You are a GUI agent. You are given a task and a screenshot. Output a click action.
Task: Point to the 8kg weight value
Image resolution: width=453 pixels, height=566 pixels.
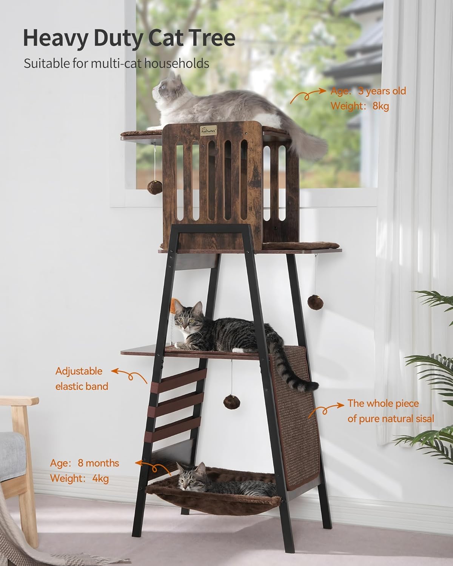click(x=381, y=106)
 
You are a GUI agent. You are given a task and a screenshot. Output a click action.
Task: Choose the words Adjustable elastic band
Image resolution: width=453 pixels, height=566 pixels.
click(x=82, y=379)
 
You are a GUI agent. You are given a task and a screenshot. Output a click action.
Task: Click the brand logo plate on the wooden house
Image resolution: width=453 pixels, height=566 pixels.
click(x=208, y=130)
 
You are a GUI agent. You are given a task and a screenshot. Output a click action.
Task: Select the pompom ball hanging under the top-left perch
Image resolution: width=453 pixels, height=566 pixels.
click(x=155, y=187)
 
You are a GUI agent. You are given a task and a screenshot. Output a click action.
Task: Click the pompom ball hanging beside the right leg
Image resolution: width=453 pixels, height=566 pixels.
click(x=315, y=303)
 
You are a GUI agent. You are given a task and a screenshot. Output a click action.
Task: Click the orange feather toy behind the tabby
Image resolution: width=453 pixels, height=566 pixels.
click(x=174, y=305)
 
